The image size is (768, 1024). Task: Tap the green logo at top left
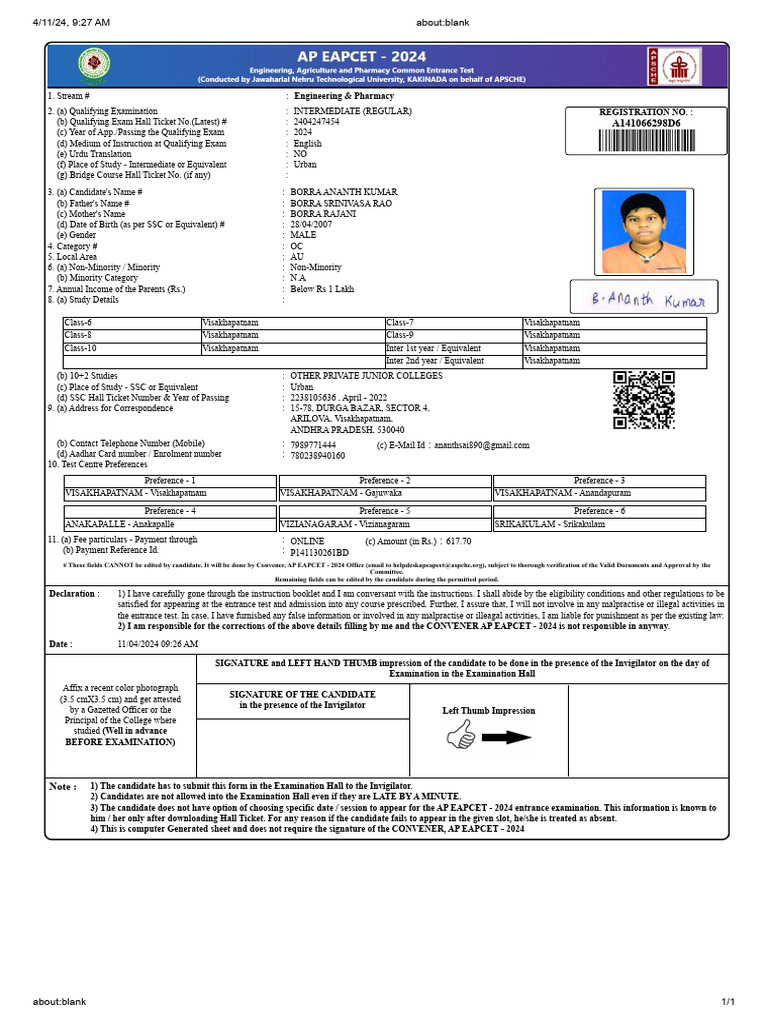click(x=95, y=66)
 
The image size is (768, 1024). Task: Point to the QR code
click(x=643, y=400)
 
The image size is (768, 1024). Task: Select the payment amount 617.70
click(x=458, y=541)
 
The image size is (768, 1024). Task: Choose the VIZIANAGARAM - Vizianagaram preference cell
click(x=384, y=524)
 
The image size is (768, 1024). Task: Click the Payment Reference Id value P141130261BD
click(x=319, y=552)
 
